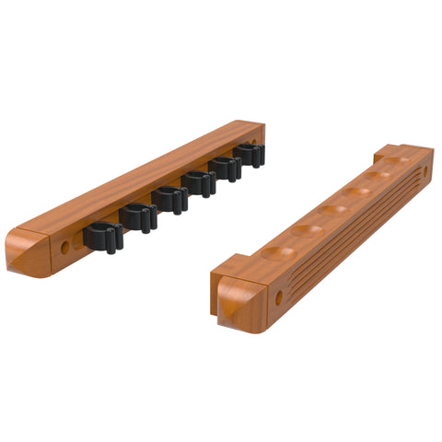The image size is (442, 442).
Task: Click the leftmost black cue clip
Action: click(x=103, y=238)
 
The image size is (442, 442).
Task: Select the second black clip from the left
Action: click(x=137, y=218)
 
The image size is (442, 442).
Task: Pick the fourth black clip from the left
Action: click(x=199, y=182)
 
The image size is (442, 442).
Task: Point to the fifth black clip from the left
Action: click(x=226, y=168)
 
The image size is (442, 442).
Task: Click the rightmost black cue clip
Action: click(x=250, y=155)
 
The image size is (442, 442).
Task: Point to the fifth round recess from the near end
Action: click(x=378, y=176)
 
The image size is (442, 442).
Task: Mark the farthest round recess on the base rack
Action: click(x=396, y=161)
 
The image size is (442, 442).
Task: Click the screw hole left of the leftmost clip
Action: click(x=65, y=248)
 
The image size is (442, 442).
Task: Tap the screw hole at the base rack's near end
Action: click(x=279, y=297)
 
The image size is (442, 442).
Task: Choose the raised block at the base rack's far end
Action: click(x=405, y=152)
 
